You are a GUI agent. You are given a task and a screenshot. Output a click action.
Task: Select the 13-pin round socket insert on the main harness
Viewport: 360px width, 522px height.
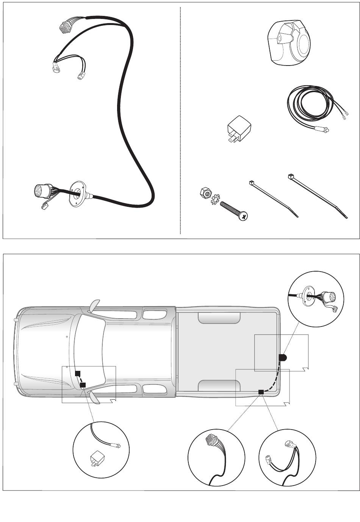coord(42,191)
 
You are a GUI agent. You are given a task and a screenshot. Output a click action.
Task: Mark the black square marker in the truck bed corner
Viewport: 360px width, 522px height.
coord(261,392)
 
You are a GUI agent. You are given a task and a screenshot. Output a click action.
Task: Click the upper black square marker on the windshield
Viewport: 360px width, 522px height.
coord(78,374)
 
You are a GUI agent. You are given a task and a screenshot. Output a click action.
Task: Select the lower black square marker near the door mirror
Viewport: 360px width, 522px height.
coord(83,385)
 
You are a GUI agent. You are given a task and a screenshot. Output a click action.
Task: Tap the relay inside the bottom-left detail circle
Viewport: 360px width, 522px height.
coord(95,459)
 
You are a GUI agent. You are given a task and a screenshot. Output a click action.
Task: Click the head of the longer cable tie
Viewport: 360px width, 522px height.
coord(291,176)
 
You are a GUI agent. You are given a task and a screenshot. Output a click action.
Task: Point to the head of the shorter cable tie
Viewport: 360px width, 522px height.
coord(251,183)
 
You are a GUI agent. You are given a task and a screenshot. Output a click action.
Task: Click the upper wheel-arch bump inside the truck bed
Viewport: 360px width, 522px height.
coord(219,318)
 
